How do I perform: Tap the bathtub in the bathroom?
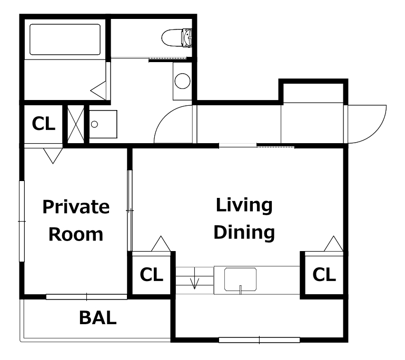pyautogui.click(x=65, y=39)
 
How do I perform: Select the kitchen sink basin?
pyautogui.click(x=240, y=279)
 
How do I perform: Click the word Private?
pyautogui.click(x=76, y=207)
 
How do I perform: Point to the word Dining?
pyautogui.click(x=244, y=232)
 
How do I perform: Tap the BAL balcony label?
pyautogui.click(x=97, y=318)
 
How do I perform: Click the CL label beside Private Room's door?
pyautogui.click(x=44, y=124)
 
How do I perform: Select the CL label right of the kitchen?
pyautogui.click(x=324, y=274)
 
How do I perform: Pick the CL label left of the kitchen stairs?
pyautogui.click(x=151, y=274)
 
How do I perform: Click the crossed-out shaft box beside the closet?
pyautogui.click(x=76, y=124)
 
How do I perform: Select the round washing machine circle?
pyautogui.click(x=182, y=81)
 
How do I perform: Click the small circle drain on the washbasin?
pyautogui.click(x=94, y=124)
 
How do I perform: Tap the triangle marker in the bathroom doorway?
pyautogui.click(x=98, y=91)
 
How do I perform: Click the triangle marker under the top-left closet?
pyautogui.click(x=53, y=156)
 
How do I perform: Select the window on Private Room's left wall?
pyautogui.click(x=22, y=222)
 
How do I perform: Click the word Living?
pyautogui.click(x=244, y=206)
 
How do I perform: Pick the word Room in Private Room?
pyautogui.click(x=76, y=234)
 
